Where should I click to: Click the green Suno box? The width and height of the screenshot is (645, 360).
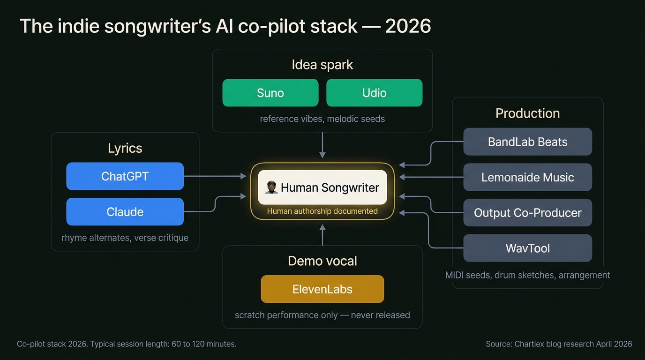coord(270,93)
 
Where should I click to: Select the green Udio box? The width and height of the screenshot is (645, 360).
coord(374,93)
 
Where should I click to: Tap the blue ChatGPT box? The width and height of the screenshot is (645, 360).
coord(125,176)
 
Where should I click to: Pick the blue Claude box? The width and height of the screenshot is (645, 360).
coord(125,212)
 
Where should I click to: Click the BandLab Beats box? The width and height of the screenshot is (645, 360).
coord(527,142)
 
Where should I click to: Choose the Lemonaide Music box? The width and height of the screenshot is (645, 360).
coord(527,177)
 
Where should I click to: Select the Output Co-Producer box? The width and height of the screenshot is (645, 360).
coord(527,213)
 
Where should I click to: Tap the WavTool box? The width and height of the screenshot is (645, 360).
coord(527,248)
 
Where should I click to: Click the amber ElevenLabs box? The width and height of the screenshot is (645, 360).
coord(322,289)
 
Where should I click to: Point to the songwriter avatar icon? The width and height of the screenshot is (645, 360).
coord(271,187)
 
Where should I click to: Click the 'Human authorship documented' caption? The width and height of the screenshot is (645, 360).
coord(322,211)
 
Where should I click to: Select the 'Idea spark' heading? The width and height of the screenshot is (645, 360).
coord(322,65)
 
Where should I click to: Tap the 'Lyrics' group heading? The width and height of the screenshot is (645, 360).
coord(125,148)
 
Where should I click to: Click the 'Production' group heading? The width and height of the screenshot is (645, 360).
coord(527,113)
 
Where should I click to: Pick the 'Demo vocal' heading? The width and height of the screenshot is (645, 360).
coord(322,261)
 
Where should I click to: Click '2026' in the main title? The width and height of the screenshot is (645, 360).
coord(408,26)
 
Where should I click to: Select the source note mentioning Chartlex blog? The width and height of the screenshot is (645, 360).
coord(559,344)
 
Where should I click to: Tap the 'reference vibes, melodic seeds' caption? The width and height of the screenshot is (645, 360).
coord(322,119)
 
